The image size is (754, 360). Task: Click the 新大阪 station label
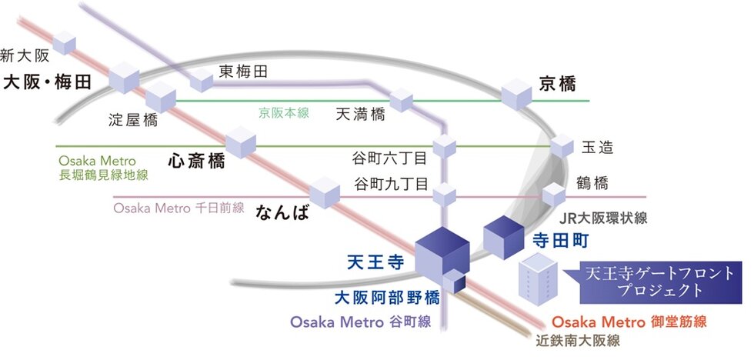(x=25, y=55)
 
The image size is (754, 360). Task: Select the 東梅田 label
(x=243, y=72)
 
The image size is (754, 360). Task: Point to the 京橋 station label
(x=558, y=84)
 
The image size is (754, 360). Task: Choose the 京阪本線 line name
(x=283, y=113)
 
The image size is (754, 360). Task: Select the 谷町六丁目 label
(x=389, y=159)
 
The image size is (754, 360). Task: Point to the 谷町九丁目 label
(x=389, y=185)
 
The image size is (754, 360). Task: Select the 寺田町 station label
(x=560, y=241)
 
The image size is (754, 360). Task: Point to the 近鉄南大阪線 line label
(x=577, y=339)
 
